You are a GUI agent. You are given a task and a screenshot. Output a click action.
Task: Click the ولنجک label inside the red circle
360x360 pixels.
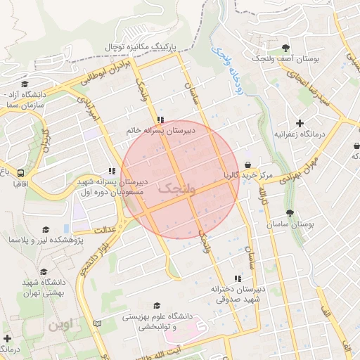[x=174, y=188]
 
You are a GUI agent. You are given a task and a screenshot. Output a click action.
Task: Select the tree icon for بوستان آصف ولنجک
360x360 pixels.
[x=285, y=48]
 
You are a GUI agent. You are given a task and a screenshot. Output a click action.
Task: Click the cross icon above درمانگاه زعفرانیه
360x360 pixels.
[x=300, y=123]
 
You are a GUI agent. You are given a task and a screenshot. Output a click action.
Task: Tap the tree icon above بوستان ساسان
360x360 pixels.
[x=290, y=213]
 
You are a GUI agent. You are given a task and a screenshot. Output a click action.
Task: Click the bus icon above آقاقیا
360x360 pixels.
[x=20, y=172]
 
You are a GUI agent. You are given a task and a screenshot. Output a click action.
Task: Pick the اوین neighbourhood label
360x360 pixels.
[x=60, y=326]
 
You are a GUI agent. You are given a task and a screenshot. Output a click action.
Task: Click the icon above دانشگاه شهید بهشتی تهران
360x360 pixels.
[x=44, y=271]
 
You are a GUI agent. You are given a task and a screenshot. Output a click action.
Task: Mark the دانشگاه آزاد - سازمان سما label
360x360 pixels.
[x=25, y=98]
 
